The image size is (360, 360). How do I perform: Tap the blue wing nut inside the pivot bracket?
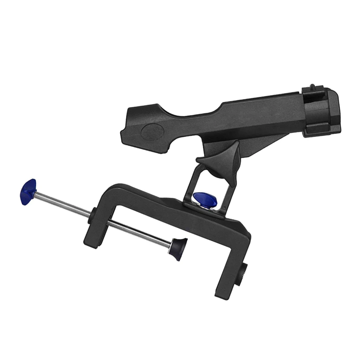pos(205,200)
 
